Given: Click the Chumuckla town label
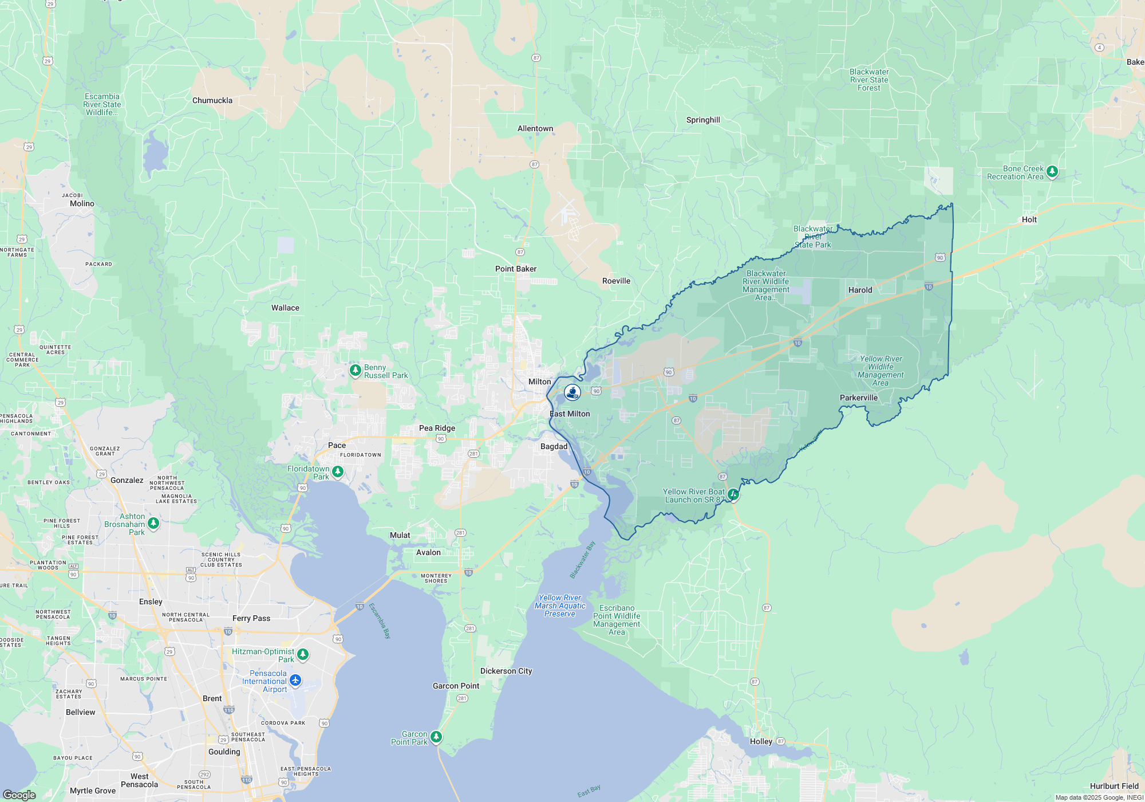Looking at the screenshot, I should click(x=212, y=100).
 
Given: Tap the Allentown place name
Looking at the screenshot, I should click(x=535, y=128).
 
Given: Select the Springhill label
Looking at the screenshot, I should click(x=703, y=120).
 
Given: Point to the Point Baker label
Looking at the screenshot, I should click(x=516, y=269).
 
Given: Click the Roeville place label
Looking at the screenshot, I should click(x=616, y=281).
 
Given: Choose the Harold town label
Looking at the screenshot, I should click(x=860, y=290).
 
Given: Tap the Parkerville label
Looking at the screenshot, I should click(x=858, y=398).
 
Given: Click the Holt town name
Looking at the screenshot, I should click(x=1029, y=219).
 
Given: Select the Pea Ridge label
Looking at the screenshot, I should click(x=437, y=428).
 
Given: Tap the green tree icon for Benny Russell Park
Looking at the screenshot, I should click(x=355, y=370).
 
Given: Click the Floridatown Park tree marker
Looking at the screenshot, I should click(x=338, y=471).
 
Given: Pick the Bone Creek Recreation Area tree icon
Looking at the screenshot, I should click(x=1052, y=171).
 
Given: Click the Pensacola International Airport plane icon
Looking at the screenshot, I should click(x=295, y=680).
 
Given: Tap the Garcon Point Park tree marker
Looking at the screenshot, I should click(x=436, y=737).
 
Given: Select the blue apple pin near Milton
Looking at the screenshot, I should click(x=572, y=392).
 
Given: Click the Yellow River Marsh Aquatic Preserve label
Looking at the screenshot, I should click(x=560, y=606).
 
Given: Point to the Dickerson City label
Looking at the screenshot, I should click(x=506, y=671).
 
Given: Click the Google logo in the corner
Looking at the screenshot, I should click(x=19, y=795).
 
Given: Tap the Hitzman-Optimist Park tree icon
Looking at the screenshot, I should click(x=303, y=654).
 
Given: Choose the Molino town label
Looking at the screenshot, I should click(x=82, y=203).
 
